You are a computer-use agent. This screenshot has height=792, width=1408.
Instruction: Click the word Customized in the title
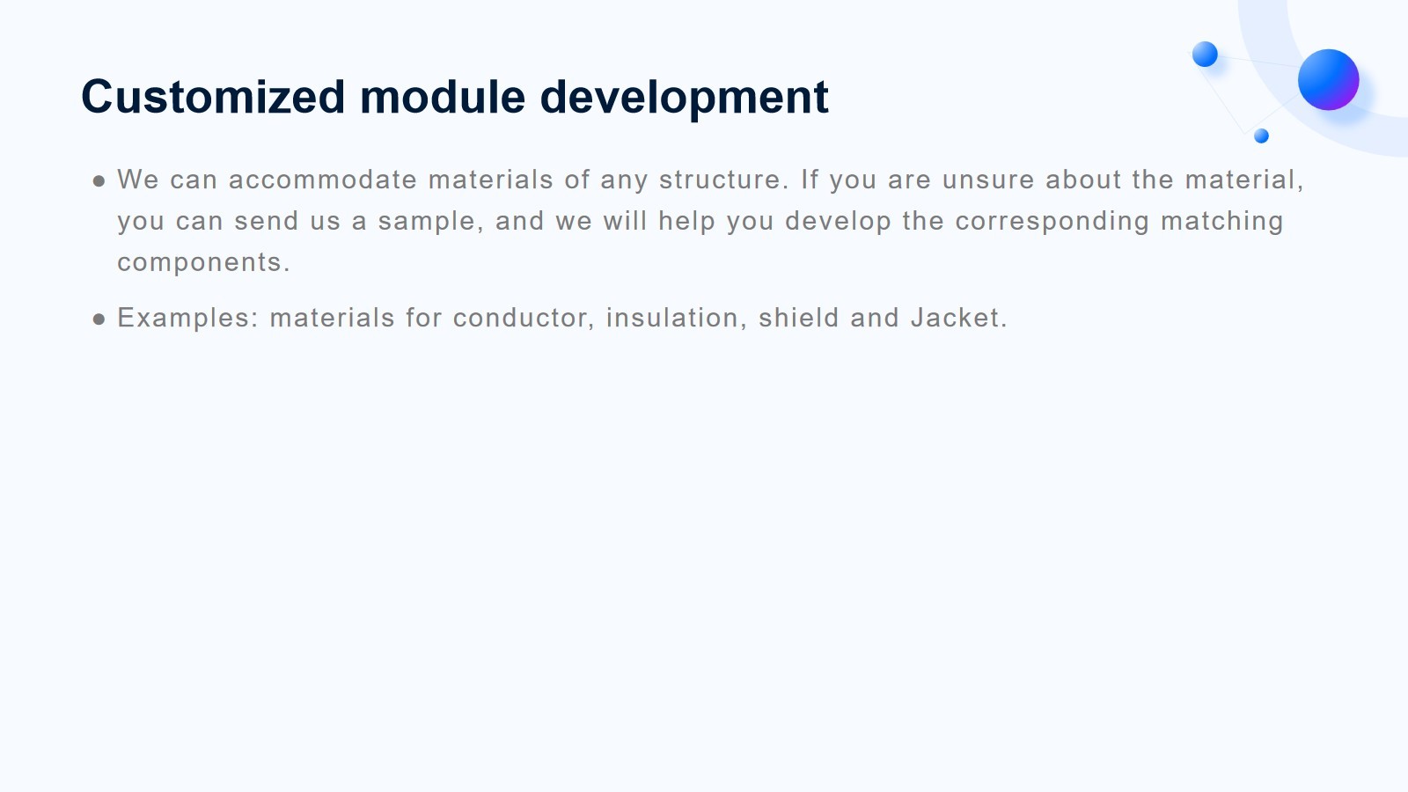213,97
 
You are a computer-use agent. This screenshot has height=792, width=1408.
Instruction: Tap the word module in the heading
443,97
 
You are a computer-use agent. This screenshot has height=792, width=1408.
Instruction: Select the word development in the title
684,99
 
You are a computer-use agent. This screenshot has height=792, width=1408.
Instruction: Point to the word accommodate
322,180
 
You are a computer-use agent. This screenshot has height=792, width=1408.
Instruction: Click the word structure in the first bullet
723,180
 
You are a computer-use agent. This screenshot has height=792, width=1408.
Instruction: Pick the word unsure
988,180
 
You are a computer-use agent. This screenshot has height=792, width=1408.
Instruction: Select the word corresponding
1052,222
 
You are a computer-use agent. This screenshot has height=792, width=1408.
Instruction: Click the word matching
1222,222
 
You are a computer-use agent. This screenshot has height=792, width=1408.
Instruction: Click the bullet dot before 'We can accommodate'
99,181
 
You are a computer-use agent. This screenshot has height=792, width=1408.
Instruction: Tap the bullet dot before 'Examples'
99,320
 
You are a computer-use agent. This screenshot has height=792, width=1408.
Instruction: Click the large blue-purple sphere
1328,80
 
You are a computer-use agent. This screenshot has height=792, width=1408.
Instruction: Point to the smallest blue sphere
1261,136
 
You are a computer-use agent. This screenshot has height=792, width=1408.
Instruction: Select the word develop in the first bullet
838,222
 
